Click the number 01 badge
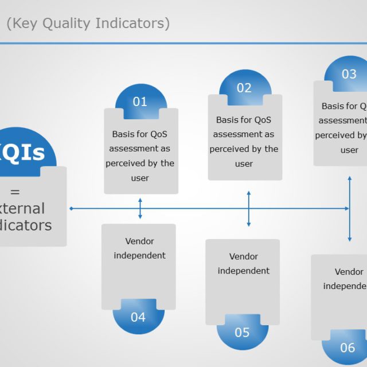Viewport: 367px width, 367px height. coord(140,101)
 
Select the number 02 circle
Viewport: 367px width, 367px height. coord(244,88)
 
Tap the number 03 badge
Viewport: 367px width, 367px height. coord(349,74)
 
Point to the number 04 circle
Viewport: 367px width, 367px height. coord(138,317)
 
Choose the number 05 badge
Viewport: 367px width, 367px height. coord(242,333)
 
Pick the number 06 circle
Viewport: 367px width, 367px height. coord(348,348)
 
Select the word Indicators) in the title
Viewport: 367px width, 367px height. coord(132,24)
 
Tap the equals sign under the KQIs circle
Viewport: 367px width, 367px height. coord(15,192)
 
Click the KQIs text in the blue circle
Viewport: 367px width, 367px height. coord(23,153)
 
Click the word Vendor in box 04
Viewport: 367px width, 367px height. coord(139,241)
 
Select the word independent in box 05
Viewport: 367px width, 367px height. coord(244,271)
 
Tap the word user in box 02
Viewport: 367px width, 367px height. coord(244,163)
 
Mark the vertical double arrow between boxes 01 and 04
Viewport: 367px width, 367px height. coord(140,209)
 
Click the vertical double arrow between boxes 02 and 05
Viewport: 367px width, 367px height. coord(248,209)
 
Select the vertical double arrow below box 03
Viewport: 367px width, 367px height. coord(349,209)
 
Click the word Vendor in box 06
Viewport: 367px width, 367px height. coord(349,272)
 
